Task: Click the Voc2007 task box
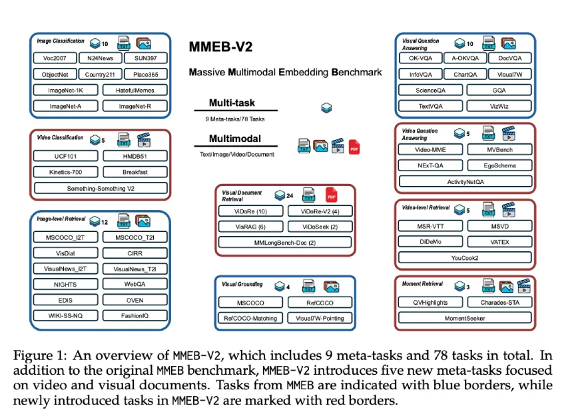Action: [55, 58]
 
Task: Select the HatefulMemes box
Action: [135, 90]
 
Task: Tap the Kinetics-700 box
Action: [66, 172]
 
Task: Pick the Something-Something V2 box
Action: [101, 188]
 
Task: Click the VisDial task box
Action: [66, 253]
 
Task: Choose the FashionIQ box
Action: [135, 315]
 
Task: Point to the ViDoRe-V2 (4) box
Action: [320, 211]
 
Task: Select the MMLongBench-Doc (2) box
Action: [285, 242]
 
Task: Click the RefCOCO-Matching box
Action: [250, 318]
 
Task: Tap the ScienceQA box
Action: [431, 90]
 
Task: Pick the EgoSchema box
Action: [500, 165]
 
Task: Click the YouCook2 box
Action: [465, 258]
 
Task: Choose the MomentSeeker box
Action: [465, 318]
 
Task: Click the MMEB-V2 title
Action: [220, 47]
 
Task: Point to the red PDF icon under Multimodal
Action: [354, 147]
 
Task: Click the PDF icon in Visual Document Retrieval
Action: [332, 195]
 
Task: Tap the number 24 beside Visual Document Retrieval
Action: [290, 195]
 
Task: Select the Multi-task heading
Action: [232, 103]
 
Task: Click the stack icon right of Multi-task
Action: [326, 108]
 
